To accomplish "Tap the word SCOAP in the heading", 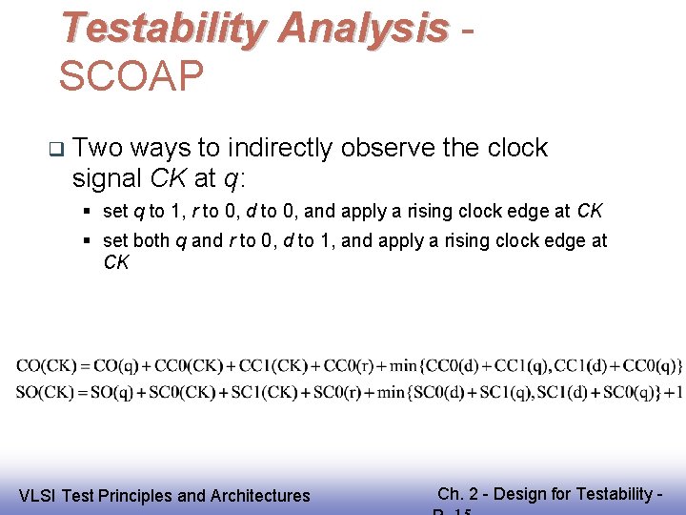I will click(131, 76).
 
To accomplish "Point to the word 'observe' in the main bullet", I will click(393, 148).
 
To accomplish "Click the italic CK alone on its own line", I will click(115, 262).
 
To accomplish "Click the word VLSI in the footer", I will click(39, 495).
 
